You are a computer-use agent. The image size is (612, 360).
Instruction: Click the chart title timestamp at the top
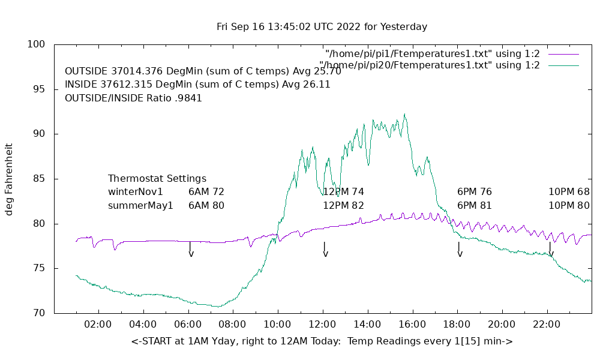[x=322, y=27]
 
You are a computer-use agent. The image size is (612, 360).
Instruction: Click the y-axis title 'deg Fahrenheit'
[x=9, y=179]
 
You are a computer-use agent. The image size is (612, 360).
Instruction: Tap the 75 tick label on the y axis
[x=37, y=268]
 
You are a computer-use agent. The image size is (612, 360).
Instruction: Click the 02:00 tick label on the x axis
[x=98, y=325]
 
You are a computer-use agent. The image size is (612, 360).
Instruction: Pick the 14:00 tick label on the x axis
[x=367, y=325]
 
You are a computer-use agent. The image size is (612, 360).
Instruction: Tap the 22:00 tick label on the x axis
[x=547, y=325]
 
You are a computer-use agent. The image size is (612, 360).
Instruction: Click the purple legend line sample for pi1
[x=562, y=54]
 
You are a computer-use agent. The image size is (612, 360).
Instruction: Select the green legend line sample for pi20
[x=562, y=65]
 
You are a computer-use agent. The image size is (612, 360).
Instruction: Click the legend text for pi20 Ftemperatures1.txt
[x=430, y=65]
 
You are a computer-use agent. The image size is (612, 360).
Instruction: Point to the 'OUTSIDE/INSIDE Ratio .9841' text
[x=133, y=98]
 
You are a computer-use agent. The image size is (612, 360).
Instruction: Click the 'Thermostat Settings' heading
[x=157, y=179]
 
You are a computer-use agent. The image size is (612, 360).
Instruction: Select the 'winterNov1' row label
[x=136, y=192]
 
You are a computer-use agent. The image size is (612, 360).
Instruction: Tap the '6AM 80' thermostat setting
[x=206, y=205]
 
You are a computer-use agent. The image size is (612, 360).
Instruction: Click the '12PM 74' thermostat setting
[x=343, y=192]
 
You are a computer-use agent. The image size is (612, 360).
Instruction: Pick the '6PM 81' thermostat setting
[x=475, y=205]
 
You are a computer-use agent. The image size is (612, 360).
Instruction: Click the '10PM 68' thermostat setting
[x=569, y=192]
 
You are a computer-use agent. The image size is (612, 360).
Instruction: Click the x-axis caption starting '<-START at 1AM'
[x=322, y=341]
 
